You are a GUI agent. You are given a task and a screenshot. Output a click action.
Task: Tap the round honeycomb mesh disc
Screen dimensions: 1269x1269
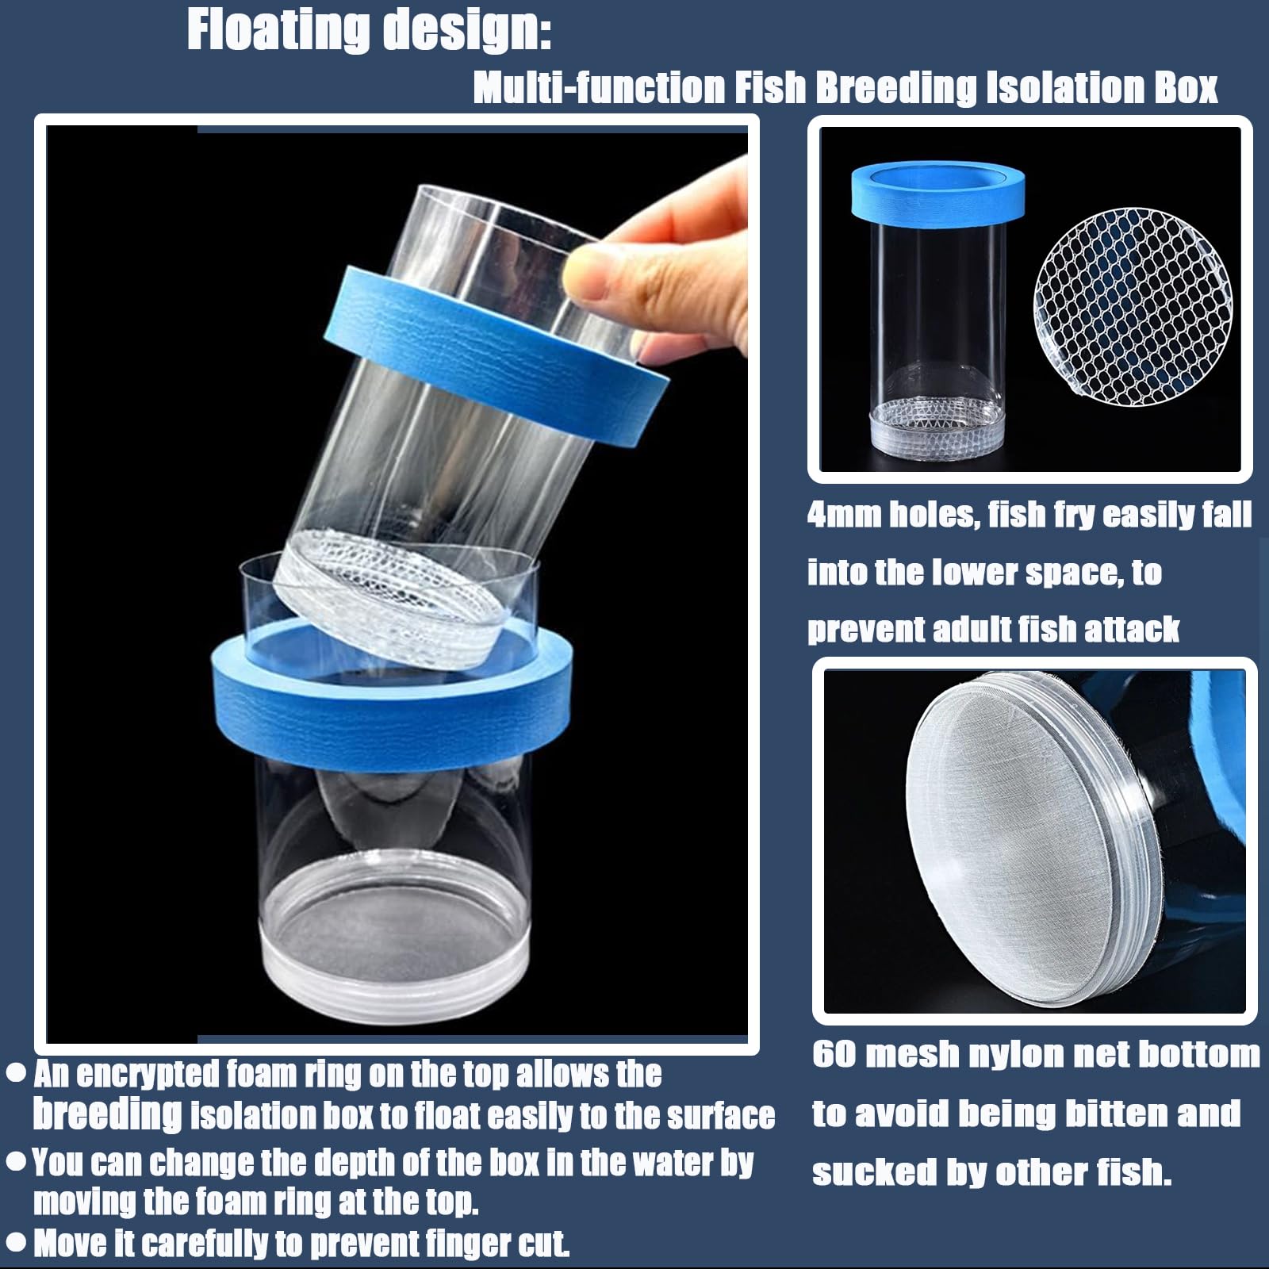(x=1133, y=305)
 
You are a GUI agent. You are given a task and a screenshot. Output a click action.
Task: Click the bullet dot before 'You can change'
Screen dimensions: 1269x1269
(x=17, y=1163)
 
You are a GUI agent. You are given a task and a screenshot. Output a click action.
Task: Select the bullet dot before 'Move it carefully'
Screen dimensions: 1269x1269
(x=17, y=1242)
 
